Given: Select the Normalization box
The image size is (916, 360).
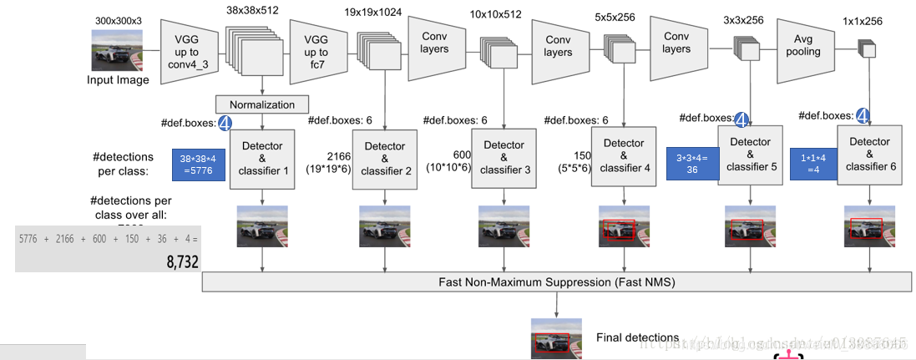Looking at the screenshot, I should pos(262,104).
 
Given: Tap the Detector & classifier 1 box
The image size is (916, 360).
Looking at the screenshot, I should pos(262,158).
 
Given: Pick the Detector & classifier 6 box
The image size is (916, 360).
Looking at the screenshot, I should pos(868,155).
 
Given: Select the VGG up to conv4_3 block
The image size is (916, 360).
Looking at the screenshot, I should pos(187,50).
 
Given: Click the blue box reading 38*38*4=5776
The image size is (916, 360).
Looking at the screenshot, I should pos(198,165).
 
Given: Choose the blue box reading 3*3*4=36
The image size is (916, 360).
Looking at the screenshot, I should pos(692,162).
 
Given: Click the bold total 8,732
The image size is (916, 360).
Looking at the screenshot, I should pos(182,261).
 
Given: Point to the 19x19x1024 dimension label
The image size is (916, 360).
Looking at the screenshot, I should pos(372,13).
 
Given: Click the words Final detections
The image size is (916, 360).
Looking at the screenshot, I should pos(637,337).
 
